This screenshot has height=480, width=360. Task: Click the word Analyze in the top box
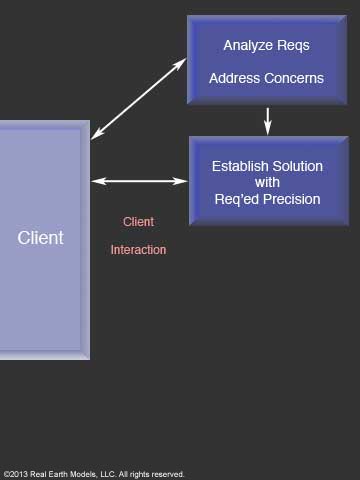pyautogui.click(x=247, y=45)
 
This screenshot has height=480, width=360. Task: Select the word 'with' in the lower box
pyautogui.click(x=267, y=183)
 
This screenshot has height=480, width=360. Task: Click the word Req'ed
pyautogui.click(x=237, y=199)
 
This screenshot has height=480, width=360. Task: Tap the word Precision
pyautogui.click(x=292, y=199)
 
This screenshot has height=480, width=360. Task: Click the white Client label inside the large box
pyautogui.click(x=40, y=238)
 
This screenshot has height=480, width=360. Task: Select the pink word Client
pyautogui.click(x=138, y=222)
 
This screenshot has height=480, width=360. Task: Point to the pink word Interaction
pyautogui.click(x=138, y=250)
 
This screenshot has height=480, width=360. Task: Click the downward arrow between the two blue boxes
pyautogui.click(x=267, y=121)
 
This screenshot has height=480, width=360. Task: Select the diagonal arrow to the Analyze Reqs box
pyautogui.click(x=138, y=99)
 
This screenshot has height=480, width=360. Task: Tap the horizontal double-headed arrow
pyautogui.click(x=139, y=181)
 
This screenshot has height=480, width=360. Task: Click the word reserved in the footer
pyautogui.click(x=166, y=474)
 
